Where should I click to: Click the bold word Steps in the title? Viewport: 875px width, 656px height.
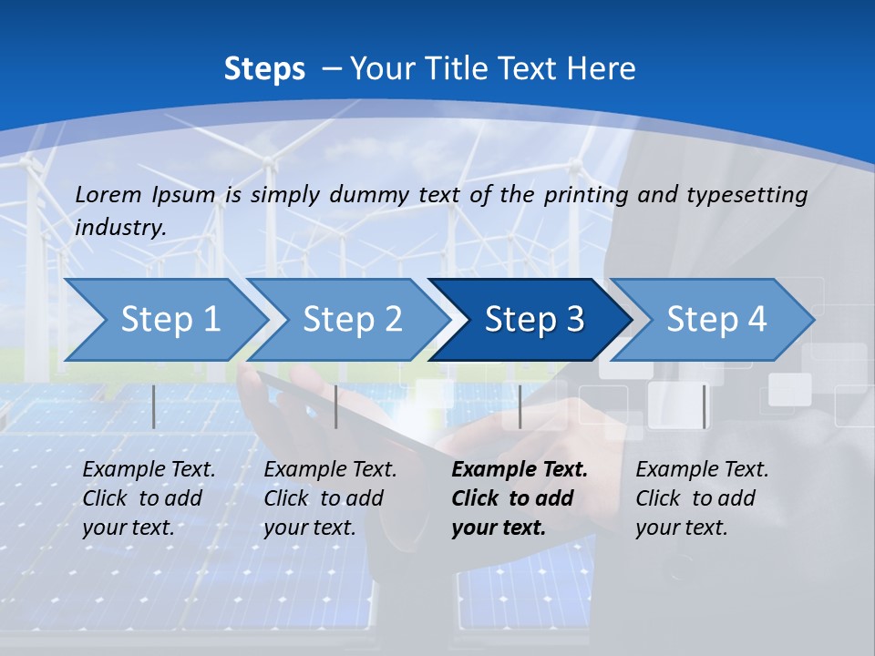(x=264, y=69)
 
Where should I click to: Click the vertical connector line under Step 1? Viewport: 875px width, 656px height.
(x=154, y=406)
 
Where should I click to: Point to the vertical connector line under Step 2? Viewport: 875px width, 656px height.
(x=336, y=406)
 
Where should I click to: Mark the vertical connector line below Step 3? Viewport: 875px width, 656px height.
(x=520, y=406)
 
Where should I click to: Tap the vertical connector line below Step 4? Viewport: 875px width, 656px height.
(x=704, y=406)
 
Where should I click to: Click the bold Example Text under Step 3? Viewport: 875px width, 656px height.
(x=519, y=498)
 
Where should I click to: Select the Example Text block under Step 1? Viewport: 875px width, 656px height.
(x=149, y=498)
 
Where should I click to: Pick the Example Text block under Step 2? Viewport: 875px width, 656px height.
(x=330, y=498)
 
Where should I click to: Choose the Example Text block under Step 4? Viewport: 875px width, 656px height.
(x=702, y=498)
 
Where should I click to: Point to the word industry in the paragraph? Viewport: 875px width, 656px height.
(x=119, y=228)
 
